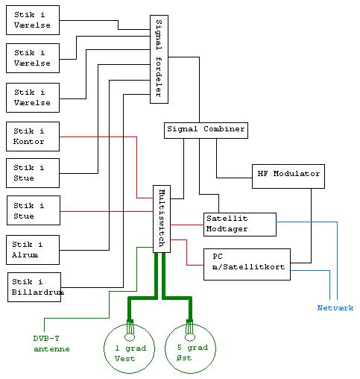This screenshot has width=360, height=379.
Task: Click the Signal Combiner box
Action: pyautogui.click(x=206, y=131)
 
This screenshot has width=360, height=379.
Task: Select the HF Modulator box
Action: pyautogui.click(x=288, y=176)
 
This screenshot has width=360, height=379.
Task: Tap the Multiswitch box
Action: pyautogui.click(x=162, y=219)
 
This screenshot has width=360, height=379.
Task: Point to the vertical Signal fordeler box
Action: pyautogui.click(x=159, y=59)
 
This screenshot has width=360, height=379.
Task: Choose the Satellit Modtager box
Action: pyautogui.click(x=240, y=225)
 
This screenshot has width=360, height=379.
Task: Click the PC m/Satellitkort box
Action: pyautogui.click(x=247, y=264)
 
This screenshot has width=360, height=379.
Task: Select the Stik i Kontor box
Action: pyautogui.click(x=33, y=137)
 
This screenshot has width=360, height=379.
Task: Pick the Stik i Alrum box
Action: pyautogui.click(x=33, y=250)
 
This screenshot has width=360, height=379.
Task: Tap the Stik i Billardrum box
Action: pyautogui.click(x=34, y=287)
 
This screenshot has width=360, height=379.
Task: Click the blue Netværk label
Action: pyautogui.click(x=335, y=308)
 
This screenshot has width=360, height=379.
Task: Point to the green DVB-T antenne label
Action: pyautogui.click(x=51, y=344)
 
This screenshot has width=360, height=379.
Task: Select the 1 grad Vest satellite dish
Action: pyautogui.click(x=129, y=348)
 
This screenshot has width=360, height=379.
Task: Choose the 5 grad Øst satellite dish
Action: pyautogui.click(x=190, y=348)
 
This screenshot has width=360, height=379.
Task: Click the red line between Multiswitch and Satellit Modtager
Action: pyautogui.click(x=187, y=225)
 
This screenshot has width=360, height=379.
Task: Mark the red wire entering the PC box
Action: pyautogui.click(x=187, y=252)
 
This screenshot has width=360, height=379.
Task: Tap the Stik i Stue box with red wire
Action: pyautogui.click(x=34, y=210)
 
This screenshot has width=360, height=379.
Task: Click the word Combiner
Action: pyautogui.click(x=224, y=129)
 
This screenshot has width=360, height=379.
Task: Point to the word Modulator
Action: pyautogui.click(x=297, y=174)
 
